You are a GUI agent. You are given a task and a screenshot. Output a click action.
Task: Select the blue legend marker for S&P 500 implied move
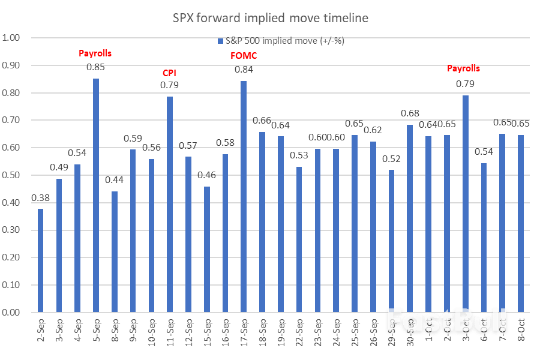coord(220,41)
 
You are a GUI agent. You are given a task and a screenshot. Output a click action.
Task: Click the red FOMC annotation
coord(243,56)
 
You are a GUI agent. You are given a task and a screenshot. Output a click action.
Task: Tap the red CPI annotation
coord(170,73)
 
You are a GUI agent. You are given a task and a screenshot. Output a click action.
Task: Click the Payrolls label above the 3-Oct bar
coord(464,68)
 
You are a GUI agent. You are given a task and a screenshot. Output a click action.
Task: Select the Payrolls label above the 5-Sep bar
coord(95,53)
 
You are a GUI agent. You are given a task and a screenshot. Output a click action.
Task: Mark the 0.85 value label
coord(95,67)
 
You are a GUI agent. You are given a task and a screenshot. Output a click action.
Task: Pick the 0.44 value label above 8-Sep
coord(114,180)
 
